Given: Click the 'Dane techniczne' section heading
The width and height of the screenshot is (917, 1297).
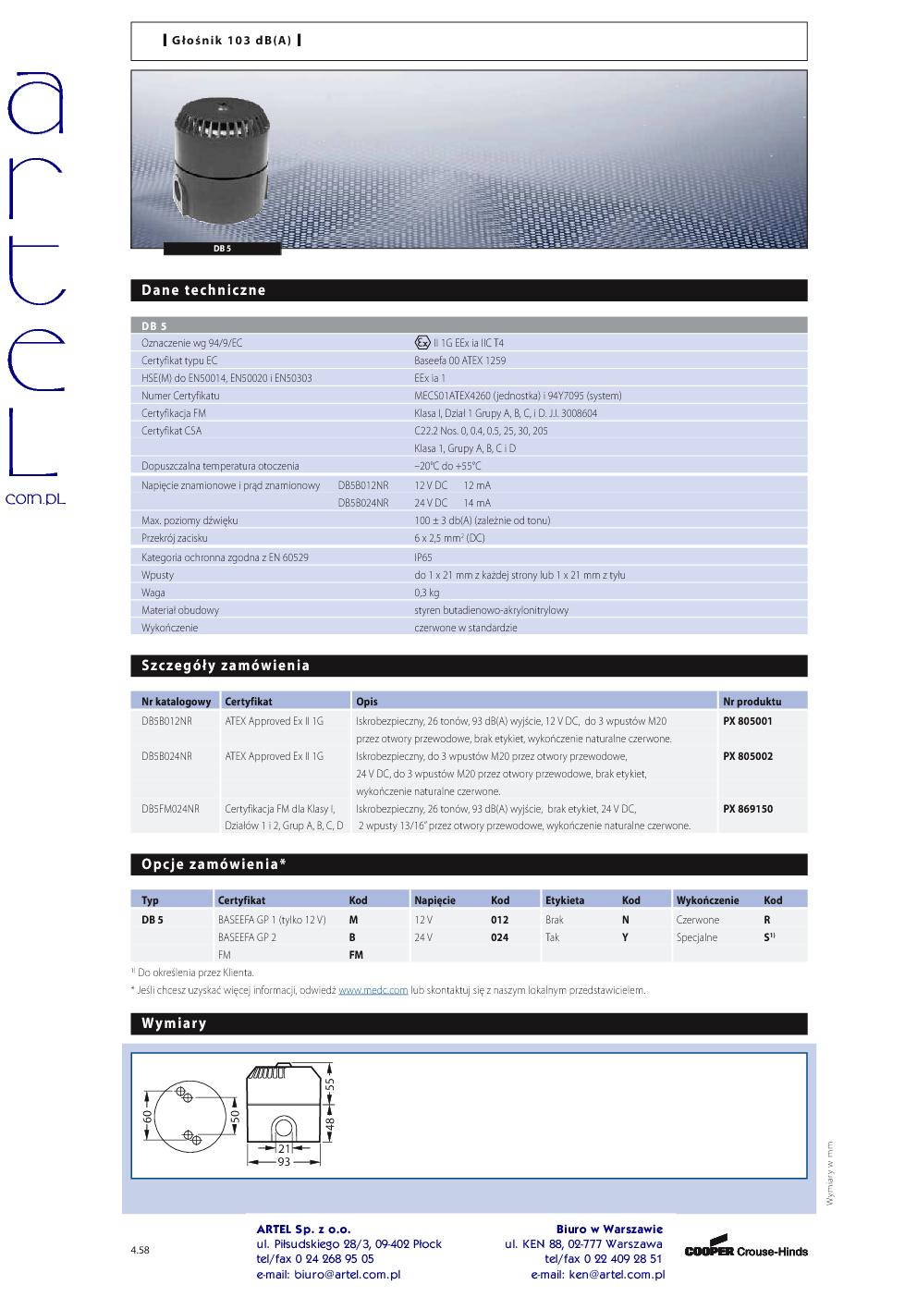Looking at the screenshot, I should pos(203,290).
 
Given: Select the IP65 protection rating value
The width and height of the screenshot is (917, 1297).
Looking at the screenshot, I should pos(422,557).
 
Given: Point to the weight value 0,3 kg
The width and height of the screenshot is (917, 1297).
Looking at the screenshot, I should pos(426,593).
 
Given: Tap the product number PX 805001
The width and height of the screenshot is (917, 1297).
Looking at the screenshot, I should pos(747,721).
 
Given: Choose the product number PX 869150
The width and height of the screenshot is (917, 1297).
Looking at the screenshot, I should pos(747,809).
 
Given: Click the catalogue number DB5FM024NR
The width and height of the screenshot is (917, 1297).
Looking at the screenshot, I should pos(170,809).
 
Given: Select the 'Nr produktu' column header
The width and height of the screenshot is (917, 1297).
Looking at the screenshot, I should pos(752,702).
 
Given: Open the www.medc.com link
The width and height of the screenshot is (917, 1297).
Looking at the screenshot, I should pos(373,990).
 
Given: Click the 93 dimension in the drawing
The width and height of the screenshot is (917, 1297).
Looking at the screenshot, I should pos(285,1161).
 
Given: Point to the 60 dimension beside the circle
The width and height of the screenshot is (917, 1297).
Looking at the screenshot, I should pos(147,1116).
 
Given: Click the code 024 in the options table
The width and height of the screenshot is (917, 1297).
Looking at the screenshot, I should pos(499,937).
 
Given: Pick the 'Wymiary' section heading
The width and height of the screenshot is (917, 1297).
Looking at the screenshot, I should pos(174,1023).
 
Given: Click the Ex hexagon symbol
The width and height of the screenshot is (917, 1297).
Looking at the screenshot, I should pos(422,343).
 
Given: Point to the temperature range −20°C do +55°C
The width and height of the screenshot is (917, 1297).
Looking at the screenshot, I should pos(447,466).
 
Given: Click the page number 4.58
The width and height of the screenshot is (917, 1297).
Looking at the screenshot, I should pos(140,1250).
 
